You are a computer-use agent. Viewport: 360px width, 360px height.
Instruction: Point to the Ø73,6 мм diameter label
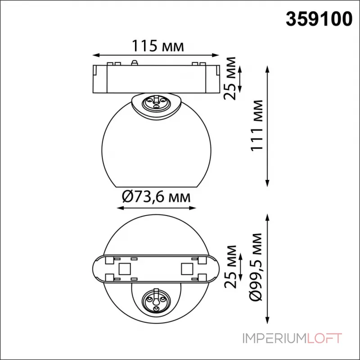point(156,197)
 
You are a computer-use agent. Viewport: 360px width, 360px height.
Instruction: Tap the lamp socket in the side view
point(155,103)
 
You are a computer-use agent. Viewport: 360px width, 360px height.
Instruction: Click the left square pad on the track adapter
point(124,269)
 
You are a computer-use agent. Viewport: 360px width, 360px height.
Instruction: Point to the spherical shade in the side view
point(155,144)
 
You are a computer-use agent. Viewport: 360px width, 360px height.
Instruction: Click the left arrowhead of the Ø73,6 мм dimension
point(118,208)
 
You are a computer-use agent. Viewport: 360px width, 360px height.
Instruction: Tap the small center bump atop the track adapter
point(134,62)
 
